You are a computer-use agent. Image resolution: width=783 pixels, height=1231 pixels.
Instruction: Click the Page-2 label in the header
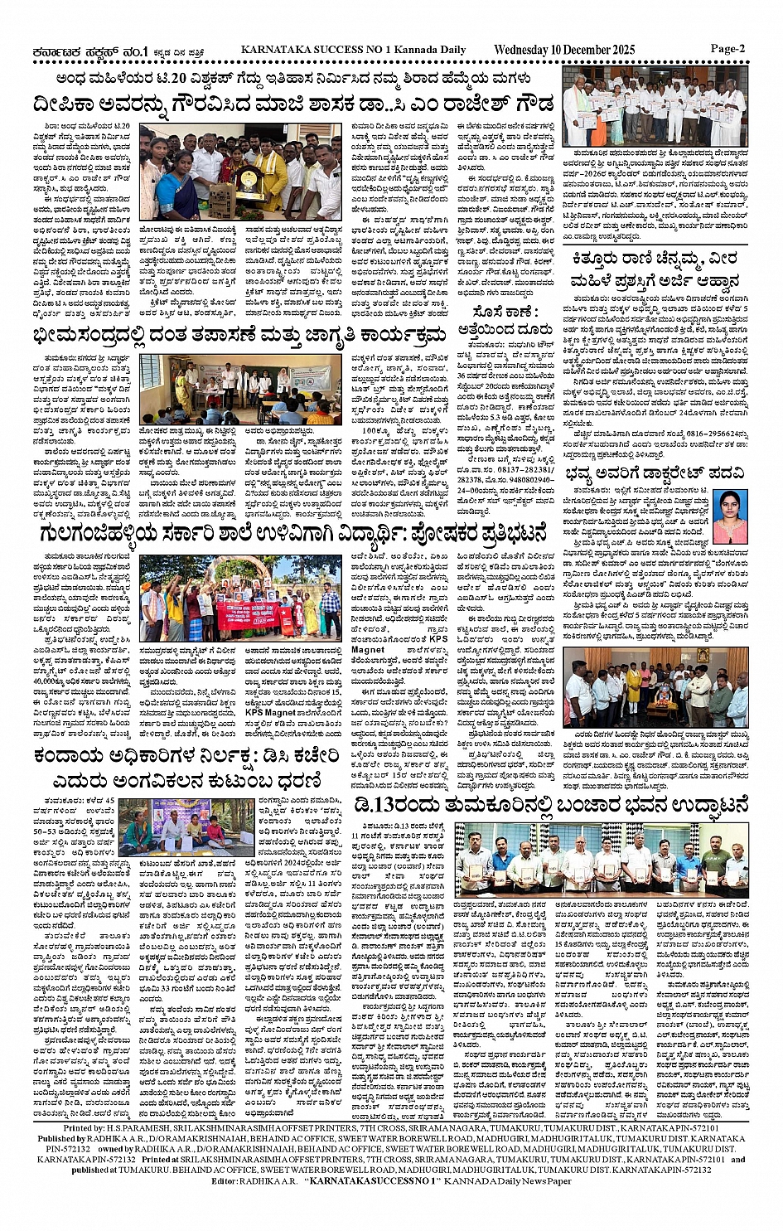click(x=727, y=48)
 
